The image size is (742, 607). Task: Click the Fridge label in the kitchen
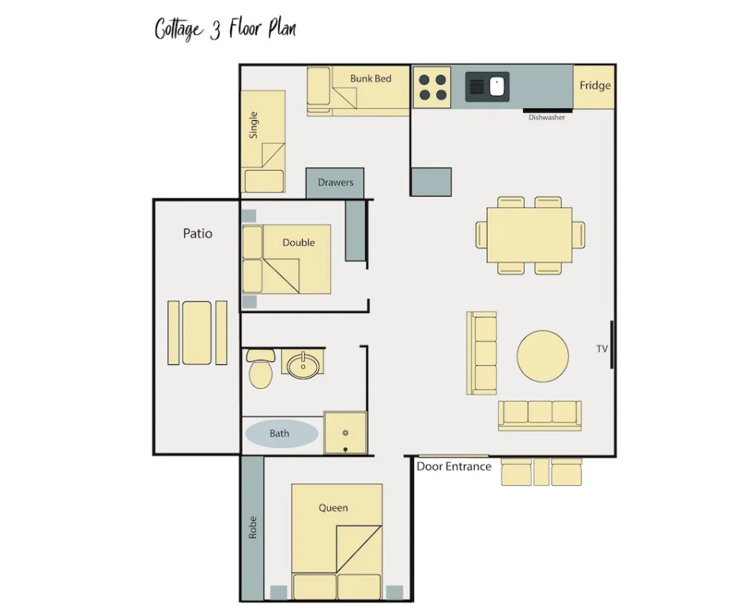pos(595,85)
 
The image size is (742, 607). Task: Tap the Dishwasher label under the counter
pos(547,118)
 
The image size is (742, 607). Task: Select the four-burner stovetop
pos(432,88)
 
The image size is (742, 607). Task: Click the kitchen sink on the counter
pos(488,87)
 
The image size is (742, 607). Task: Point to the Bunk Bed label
pos(371,78)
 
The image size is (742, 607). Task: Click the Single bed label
pos(254,125)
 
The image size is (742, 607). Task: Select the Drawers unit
pos(335,183)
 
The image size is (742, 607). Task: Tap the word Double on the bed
pos(299,243)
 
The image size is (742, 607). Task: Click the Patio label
pos(198,233)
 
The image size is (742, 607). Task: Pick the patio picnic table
pos(198,333)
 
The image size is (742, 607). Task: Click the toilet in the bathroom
pos(260,369)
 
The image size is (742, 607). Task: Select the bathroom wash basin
pos(303,364)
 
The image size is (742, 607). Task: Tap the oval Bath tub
pos(281,433)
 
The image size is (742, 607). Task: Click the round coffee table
pos(543,356)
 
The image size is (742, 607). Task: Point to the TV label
pos(602,349)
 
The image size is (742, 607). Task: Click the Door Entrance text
pos(454,467)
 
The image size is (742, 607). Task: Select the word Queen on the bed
pos(333,508)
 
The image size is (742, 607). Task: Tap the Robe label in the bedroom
pos(253,527)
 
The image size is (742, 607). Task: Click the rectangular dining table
pos(529,235)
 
